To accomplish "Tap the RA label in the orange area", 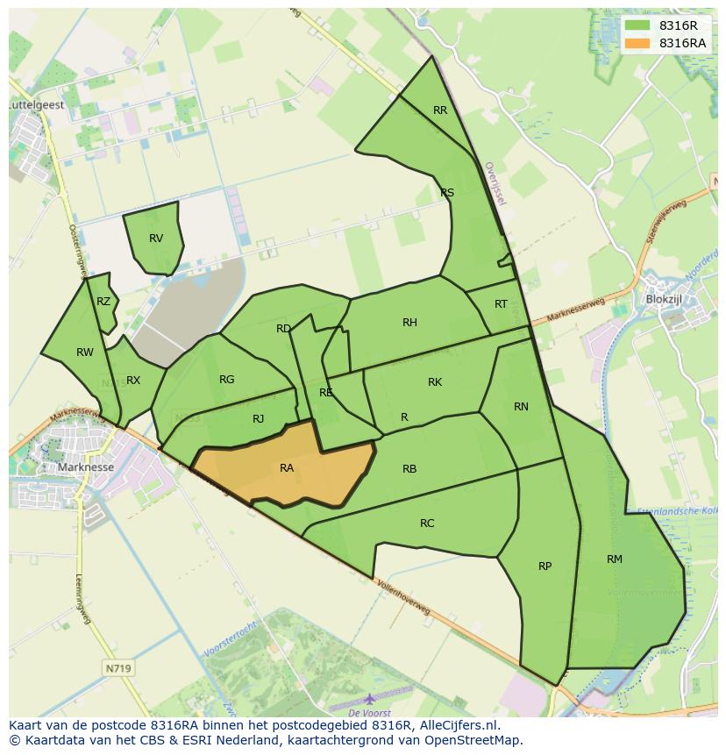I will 287,468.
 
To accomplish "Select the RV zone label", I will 156,239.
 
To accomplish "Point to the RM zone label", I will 615,559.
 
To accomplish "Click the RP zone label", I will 544,566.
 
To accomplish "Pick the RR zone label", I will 440,110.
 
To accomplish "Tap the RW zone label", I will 85,353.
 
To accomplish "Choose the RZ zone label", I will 103,302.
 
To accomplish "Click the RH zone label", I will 409,323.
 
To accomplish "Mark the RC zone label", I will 427,524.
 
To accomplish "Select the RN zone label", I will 521,407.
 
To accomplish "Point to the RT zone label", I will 501,304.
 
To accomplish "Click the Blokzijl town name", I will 663,299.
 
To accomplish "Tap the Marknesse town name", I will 85,467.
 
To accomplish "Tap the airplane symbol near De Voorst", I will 370,699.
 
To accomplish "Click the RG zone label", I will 227,380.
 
